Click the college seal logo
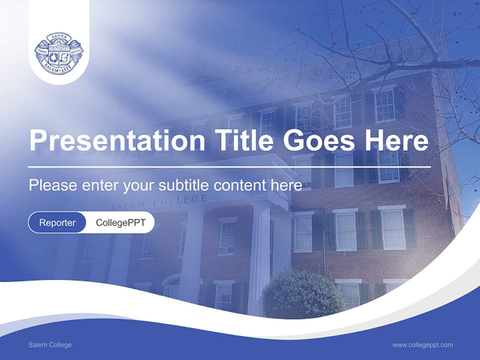tap(59, 54)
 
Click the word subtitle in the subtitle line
tap(184, 185)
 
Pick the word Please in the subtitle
tap(51, 185)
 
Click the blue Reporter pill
tap(57, 222)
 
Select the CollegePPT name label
tap(120, 222)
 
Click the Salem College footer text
tap(50, 345)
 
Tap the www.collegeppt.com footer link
tap(422, 345)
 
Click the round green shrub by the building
tap(303, 295)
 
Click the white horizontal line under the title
tap(229, 167)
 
